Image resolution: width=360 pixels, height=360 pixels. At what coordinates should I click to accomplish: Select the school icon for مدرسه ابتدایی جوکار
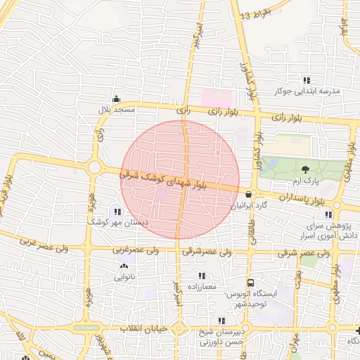[306, 80]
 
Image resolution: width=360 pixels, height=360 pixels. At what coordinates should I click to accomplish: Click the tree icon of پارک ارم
[305, 169]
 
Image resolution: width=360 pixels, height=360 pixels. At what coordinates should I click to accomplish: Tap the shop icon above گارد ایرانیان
[248, 194]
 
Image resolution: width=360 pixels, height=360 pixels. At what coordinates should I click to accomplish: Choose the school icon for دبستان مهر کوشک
[117, 211]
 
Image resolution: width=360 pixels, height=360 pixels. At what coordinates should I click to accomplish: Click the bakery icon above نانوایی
[124, 266]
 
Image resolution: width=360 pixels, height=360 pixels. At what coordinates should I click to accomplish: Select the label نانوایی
[128, 277]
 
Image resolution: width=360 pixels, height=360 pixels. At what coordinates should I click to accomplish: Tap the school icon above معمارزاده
[202, 276]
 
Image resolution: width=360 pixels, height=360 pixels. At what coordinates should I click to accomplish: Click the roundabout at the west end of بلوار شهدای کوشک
[94, 167]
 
